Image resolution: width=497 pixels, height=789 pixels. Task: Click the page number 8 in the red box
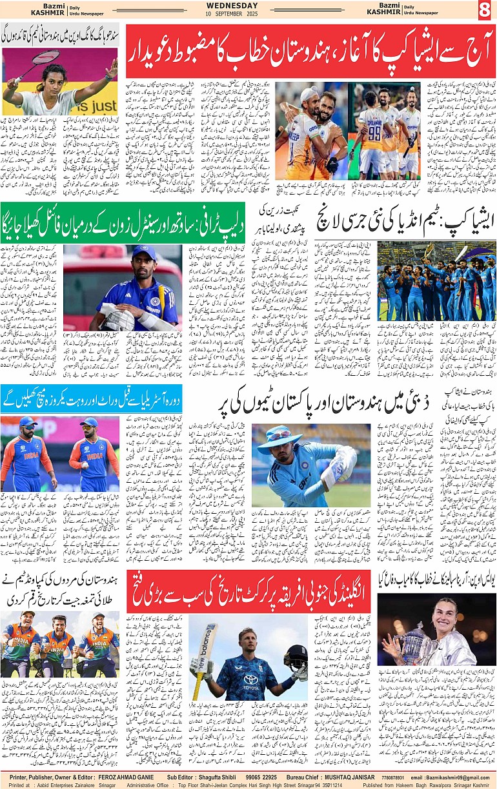pos(485,10)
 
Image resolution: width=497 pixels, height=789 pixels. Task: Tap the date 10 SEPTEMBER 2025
pos(249,14)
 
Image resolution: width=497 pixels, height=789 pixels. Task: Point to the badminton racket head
pos(47,57)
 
